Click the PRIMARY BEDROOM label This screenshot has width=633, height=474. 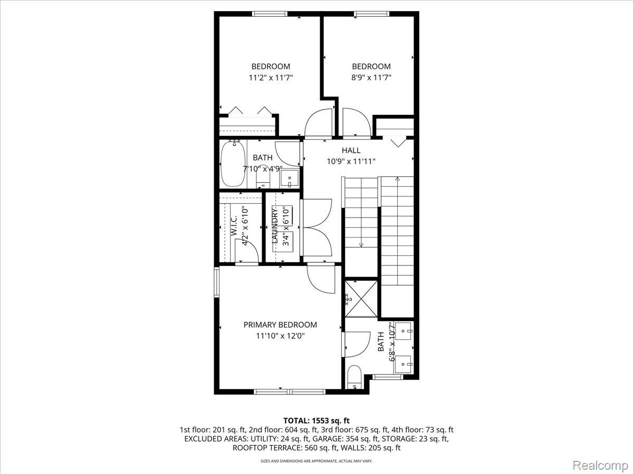pyautogui.click(x=280, y=325)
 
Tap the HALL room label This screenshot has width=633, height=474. pyautogui.click(x=351, y=151)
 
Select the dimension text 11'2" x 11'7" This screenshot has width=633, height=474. pyautogui.click(x=271, y=77)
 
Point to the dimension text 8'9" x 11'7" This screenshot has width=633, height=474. pyautogui.click(x=371, y=77)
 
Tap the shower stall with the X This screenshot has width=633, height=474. pyautogui.click(x=361, y=299)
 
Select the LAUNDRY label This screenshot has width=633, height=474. pyautogui.click(x=275, y=226)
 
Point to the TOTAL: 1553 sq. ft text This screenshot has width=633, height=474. pyautogui.click(x=316, y=420)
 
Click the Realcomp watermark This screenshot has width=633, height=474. pyautogui.click(x=600, y=465)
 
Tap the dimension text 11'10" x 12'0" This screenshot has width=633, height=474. pyautogui.click(x=280, y=335)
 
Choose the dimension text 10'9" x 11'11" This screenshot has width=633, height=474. pyautogui.click(x=351, y=161)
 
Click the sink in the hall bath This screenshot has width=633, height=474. pyautogui.click(x=290, y=179)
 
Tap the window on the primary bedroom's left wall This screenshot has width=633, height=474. pyautogui.click(x=216, y=282)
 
